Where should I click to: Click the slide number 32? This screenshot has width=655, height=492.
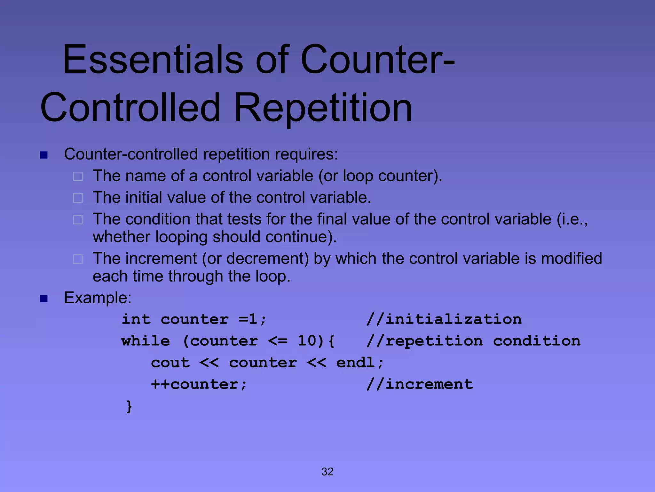coord(327,471)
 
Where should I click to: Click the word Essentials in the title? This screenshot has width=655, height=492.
coord(153,60)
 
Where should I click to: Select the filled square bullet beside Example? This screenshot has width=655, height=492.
coord(44,299)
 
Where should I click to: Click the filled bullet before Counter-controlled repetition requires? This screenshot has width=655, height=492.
coord(44,155)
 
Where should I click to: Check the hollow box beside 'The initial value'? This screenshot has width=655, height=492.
coord(78,198)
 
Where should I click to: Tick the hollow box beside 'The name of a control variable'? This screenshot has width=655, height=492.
coord(78,176)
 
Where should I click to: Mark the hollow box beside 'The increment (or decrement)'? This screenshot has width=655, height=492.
coord(78,259)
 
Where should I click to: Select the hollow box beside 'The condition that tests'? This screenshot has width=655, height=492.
coord(78,220)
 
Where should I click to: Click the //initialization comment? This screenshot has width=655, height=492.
coord(444,319)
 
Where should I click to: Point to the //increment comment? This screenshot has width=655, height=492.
coord(420,384)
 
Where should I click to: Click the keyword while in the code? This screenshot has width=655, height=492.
coord(146,341)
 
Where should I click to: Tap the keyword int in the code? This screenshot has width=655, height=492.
coord(136,319)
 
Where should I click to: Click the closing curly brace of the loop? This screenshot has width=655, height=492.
coord(129,406)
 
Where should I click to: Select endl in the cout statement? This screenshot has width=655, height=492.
coord(355,363)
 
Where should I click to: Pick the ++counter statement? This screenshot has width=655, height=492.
coord(198,384)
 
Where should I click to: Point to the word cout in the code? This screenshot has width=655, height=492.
coord(170,363)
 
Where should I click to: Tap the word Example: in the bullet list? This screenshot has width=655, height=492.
coord(98,298)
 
